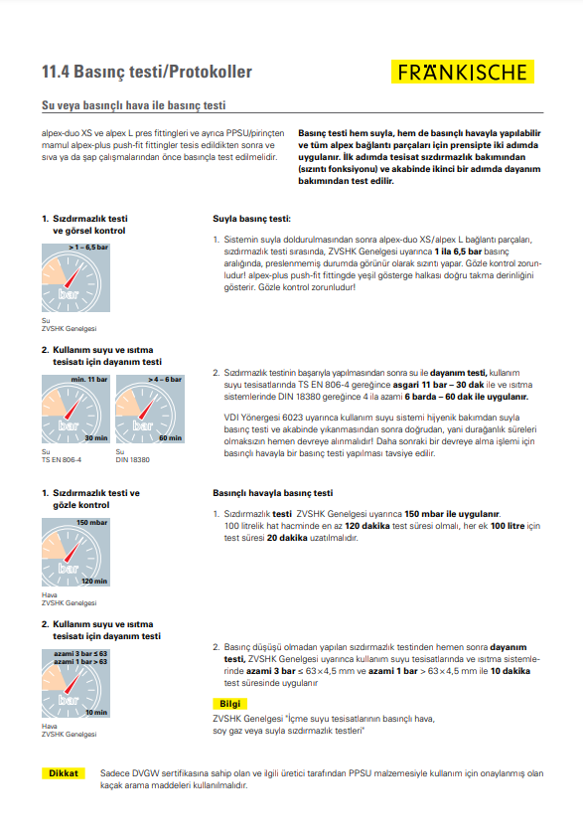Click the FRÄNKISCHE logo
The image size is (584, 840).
[463, 72]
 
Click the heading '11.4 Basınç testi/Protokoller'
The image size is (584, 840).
[147, 72]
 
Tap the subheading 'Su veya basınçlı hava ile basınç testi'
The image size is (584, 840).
[134, 105]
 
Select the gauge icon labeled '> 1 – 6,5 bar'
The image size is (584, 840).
[76, 277]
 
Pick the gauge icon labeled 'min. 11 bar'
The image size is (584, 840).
[76, 410]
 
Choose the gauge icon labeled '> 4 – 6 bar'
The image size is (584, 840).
[150, 410]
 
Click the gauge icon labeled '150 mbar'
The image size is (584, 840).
[76, 552]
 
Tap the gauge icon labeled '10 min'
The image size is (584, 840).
[76, 684]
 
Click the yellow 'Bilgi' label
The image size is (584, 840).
[230, 704]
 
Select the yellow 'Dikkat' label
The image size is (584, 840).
[64, 773]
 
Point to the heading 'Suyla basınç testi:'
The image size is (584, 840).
[251, 219]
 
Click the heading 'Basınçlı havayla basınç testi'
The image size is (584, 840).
[272, 493]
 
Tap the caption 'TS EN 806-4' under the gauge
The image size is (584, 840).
[62, 459]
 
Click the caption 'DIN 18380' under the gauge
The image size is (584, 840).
[133, 459]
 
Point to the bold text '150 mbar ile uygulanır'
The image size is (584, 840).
[452, 514]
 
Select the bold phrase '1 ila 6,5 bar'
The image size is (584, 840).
[458, 252]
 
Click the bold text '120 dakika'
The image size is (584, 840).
[367, 526]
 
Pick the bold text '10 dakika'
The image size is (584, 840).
[511, 671]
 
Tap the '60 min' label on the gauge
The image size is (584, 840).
[170, 438]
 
